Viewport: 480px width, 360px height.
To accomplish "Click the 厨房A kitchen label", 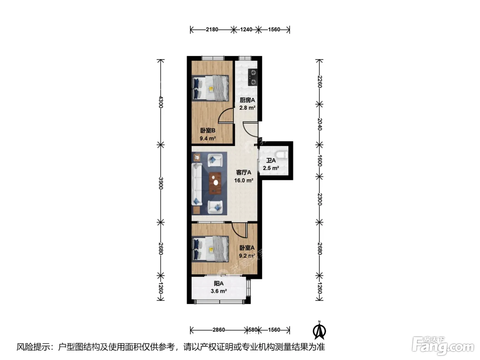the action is point(247,100).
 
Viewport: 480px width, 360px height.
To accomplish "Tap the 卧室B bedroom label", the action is point(208,131).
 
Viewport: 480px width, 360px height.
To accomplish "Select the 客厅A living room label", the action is point(244,172).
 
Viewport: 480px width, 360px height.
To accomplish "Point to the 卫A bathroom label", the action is point(271,160).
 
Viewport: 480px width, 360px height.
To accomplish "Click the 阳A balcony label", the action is point(218,284).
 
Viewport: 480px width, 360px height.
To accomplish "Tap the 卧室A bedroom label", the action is point(247,248).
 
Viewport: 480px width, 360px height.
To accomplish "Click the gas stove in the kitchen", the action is point(253,77).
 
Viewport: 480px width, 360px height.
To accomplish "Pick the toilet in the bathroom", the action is point(282,155).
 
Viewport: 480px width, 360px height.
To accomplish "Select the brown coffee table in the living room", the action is point(215,183).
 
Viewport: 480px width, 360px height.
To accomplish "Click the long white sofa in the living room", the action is point(196,184).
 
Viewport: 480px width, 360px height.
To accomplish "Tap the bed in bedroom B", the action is point(210,88).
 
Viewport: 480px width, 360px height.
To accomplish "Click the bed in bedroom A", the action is point(210,249).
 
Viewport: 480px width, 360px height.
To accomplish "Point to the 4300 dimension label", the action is point(161,102).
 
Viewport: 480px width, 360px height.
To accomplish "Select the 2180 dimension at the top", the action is point(212,29).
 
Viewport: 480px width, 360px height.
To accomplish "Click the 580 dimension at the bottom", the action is point(253,329).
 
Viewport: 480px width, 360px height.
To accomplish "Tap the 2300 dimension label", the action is point(320,199).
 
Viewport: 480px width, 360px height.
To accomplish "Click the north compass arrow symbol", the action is point(319,331).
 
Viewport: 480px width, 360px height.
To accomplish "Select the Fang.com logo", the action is point(443,346).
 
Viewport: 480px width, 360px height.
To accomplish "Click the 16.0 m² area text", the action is point(244,180).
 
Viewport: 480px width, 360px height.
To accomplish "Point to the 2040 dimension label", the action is point(320,124).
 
